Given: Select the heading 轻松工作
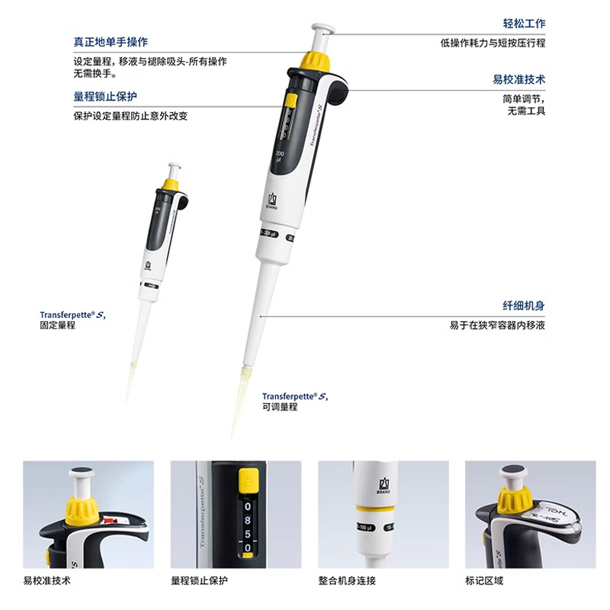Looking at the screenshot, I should [525, 24].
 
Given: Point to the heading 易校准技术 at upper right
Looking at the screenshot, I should [519, 79].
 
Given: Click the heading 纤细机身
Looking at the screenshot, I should [525, 306].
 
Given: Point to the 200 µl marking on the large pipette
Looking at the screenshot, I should [278, 157].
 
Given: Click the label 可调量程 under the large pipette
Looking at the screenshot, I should [280, 407].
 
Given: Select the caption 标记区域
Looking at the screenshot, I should [484, 581].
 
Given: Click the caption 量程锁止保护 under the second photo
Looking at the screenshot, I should [199, 581].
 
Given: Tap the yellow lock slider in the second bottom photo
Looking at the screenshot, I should [246, 482].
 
